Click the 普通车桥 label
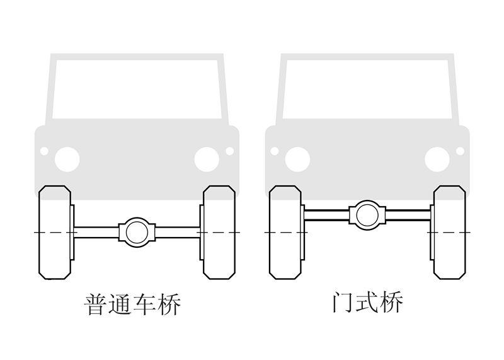[x=133, y=305]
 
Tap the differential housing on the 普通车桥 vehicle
[x=136, y=231]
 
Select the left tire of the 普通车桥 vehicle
[x=55, y=232]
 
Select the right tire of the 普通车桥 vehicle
[x=219, y=232]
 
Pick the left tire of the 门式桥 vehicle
[x=286, y=232]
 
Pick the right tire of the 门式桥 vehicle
[x=449, y=232]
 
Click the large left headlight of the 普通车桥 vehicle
[x=67, y=159]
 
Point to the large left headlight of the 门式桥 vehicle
[x=297, y=159]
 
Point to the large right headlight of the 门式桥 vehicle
[x=437, y=159]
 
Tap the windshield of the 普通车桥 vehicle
[x=137, y=88]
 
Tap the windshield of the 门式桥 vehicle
[x=367, y=88]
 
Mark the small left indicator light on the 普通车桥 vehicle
[x=44, y=151]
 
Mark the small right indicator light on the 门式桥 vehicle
[x=460, y=151]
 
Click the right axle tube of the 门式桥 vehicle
[x=408, y=214]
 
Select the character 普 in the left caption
[x=95, y=305]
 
